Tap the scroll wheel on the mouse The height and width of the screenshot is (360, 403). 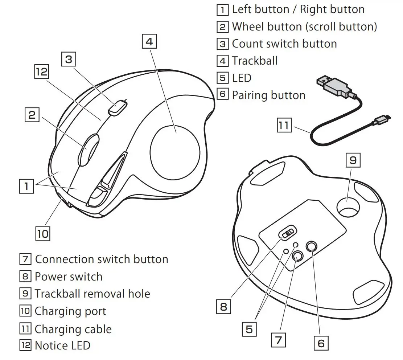(x=88, y=150)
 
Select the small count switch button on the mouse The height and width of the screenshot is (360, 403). (x=117, y=107)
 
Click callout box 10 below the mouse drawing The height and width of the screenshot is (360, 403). (x=42, y=233)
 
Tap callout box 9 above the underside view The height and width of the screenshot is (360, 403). (x=353, y=160)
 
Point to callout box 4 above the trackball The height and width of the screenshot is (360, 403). (x=149, y=41)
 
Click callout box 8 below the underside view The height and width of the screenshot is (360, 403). (x=223, y=307)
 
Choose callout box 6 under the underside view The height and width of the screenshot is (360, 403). (x=321, y=343)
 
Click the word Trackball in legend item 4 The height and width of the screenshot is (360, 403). (x=255, y=61)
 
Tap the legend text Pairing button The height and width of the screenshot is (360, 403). (x=268, y=95)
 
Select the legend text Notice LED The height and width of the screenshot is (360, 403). (x=62, y=345)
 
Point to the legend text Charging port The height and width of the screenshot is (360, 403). (x=70, y=311)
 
